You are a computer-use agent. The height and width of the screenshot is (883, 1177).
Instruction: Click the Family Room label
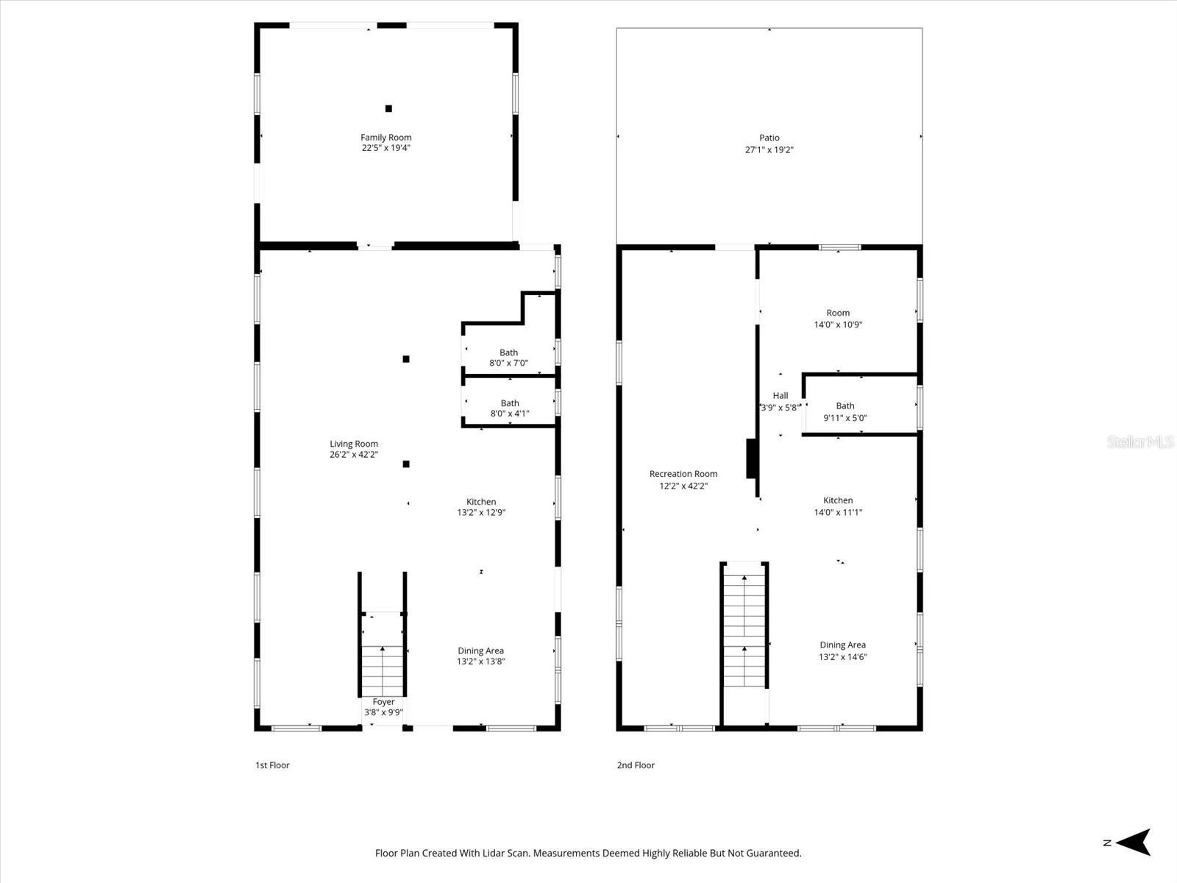pos(385,138)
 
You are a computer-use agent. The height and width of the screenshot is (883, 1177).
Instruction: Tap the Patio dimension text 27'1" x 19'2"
pos(769,149)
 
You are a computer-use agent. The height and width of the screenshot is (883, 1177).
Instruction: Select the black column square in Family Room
pos(388,109)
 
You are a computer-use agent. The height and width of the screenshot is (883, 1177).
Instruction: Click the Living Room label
pos(354,444)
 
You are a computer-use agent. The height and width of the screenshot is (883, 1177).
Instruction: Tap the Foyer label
pos(383,702)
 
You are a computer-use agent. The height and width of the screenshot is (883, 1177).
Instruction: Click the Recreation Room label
pos(683,474)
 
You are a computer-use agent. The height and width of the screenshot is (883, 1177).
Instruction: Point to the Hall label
pos(780,396)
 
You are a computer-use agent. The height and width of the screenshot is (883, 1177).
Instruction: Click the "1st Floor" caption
pos(272,765)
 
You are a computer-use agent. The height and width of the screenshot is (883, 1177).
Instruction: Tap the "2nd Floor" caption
pos(636,765)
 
